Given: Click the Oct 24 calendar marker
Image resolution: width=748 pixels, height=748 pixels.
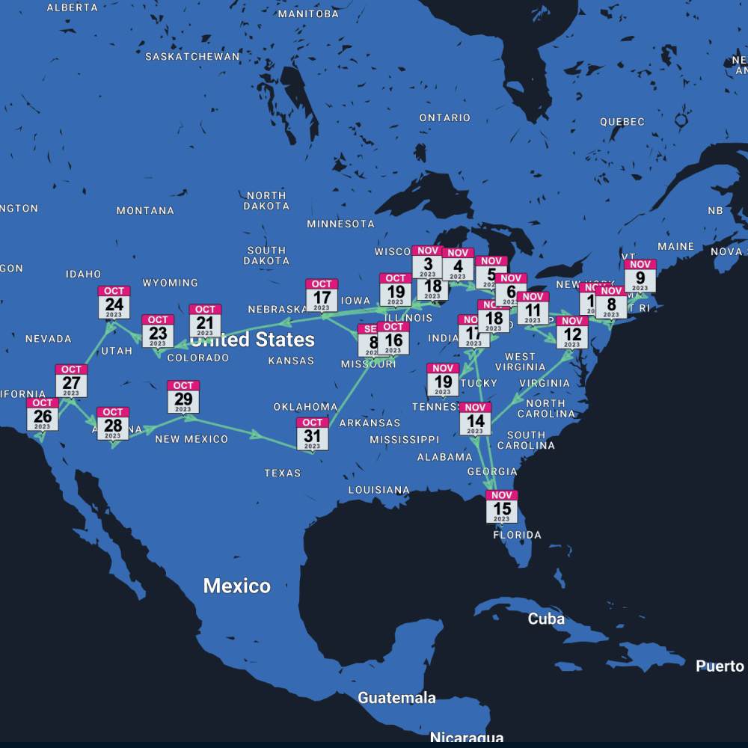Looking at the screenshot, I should point(114,302).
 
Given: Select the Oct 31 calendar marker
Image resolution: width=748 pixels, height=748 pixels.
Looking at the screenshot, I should point(312,434).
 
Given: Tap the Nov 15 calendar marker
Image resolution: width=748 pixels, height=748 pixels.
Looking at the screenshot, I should point(501,506).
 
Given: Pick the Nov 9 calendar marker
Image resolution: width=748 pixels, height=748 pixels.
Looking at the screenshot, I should point(640,276).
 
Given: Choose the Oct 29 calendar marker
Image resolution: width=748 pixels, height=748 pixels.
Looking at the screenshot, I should point(183,397).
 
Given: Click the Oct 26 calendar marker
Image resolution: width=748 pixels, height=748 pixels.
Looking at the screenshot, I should point(43,414).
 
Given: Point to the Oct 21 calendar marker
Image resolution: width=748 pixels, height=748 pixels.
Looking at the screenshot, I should point(205,321).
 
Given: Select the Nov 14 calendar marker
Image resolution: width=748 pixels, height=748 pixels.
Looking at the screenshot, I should point(476,419).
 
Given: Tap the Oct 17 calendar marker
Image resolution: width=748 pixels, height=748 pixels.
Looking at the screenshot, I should point(322,295).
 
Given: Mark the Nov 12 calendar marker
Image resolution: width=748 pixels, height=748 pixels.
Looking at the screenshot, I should point(572,333).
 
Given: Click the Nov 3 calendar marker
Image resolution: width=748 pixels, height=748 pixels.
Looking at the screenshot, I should point(428,262).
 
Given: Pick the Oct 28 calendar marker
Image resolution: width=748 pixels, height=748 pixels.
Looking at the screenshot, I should point(113,423).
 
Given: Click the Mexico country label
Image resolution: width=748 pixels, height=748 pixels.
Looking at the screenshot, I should point(237,586).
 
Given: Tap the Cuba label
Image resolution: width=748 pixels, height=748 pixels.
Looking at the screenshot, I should point(546,619).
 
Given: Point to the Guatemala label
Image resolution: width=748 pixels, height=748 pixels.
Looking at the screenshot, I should point(396,698).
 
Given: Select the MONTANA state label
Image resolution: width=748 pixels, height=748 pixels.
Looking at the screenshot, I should point(145,211).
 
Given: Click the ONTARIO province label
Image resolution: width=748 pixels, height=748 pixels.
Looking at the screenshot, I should point(445,117).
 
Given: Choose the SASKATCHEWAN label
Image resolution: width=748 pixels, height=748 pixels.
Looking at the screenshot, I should point(192,57).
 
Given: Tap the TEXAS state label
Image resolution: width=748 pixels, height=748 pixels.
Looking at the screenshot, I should point(283,473).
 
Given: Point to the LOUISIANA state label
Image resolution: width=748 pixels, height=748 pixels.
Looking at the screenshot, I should point(379,490).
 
